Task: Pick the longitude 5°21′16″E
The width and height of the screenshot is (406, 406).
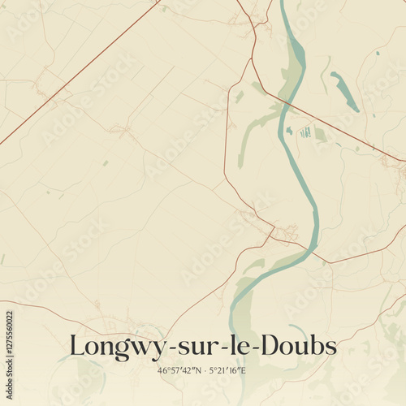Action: pos(228,370)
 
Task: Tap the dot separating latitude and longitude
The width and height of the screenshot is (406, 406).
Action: pos(205,370)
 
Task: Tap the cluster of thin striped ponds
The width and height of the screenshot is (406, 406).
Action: pos(305,132)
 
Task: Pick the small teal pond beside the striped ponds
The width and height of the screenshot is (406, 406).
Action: pos(289,130)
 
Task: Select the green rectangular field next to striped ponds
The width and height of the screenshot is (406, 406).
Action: pos(320,135)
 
